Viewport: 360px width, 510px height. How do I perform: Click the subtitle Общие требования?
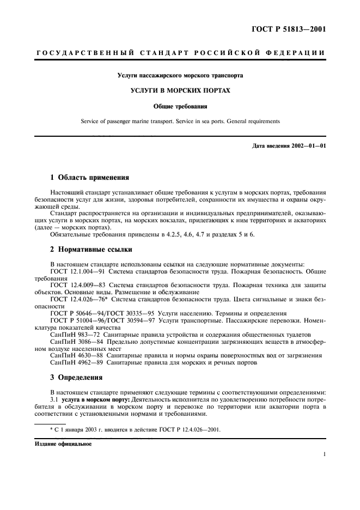pos(180,106)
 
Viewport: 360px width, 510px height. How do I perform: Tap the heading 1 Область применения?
pos(89,178)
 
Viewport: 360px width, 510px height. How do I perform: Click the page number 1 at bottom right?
pos(324,454)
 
